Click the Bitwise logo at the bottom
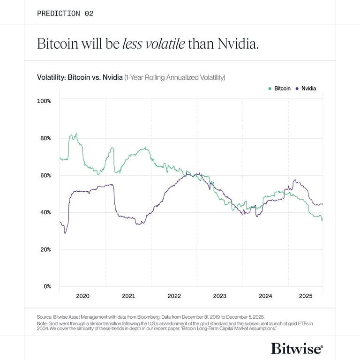point(297,348)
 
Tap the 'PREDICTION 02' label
point(65,13)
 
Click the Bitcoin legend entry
point(279,88)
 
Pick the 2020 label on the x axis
point(82,296)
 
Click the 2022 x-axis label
point(174,296)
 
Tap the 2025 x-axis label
point(306,296)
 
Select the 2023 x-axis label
point(219,296)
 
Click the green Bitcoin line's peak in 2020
point(76,134)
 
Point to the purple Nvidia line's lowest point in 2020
point(65,233)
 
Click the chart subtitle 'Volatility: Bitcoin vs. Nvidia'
point(80,77)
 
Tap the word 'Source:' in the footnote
point(45,316)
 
